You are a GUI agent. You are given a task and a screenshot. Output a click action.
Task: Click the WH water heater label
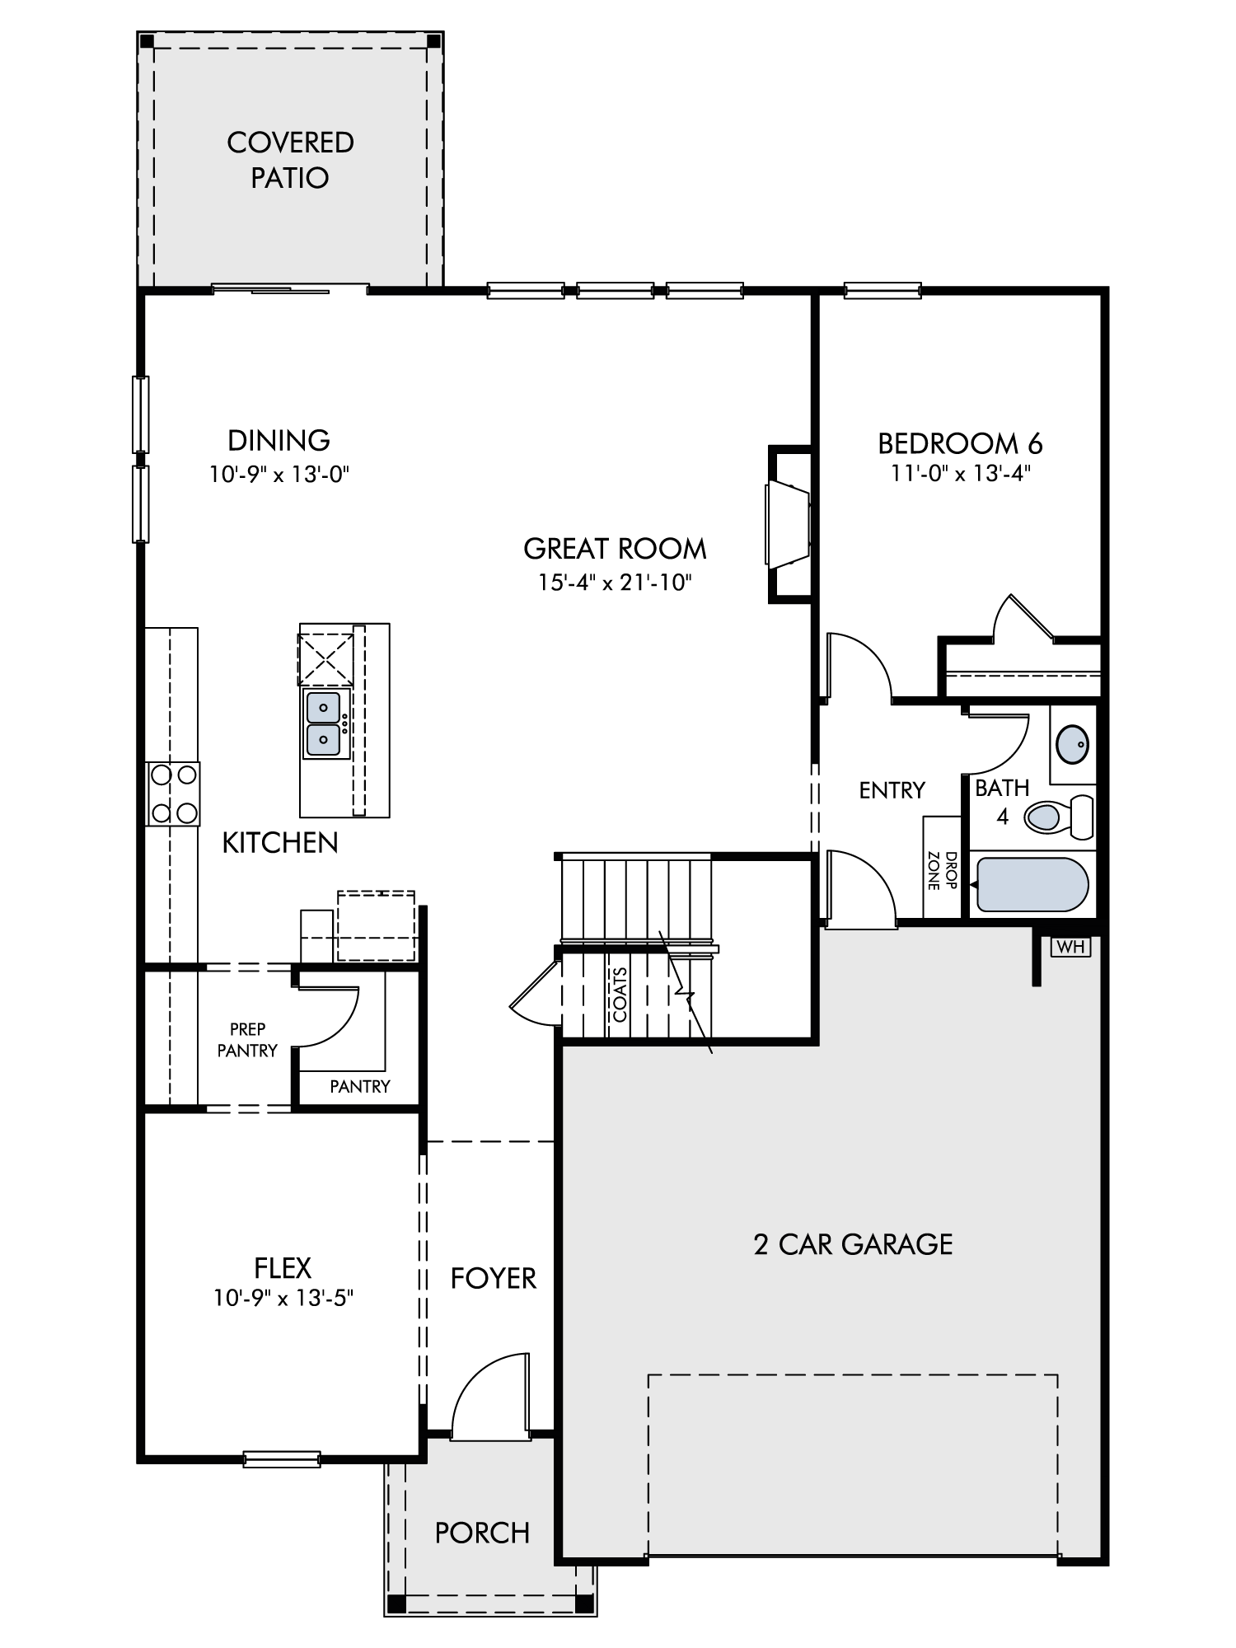click(x=1071, y=947)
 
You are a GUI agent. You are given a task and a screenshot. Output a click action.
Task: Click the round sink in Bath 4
click(x=1071, y=745)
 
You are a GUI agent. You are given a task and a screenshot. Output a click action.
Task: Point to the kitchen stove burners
click(x=173, y=794)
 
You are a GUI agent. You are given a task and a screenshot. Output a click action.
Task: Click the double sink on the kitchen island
click(x=324, y=723)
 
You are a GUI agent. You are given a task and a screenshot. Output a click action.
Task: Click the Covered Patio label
click(x=290, y=160)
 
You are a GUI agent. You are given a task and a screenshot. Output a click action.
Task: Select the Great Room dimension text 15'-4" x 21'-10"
click(x=615, y=583)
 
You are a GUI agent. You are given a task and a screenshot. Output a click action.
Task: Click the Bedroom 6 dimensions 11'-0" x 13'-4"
click(x=961, y=474)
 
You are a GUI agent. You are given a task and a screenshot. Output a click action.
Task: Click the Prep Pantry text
click(x=247, y=1040)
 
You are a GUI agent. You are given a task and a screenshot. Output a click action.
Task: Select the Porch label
click(x=482, y=1533)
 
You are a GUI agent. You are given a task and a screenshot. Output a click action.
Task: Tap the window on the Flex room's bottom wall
click(x=282, y=1459)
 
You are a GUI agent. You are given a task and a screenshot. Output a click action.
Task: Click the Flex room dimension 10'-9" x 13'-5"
click(x=283, y=1299)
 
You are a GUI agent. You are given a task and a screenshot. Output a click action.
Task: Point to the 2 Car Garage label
click(x=853, y=1244)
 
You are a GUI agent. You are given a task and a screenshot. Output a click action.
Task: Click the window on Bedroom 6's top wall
click(x=883, y=290)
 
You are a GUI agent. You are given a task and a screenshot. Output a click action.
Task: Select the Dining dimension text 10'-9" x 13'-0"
click(x=279, y=475)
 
